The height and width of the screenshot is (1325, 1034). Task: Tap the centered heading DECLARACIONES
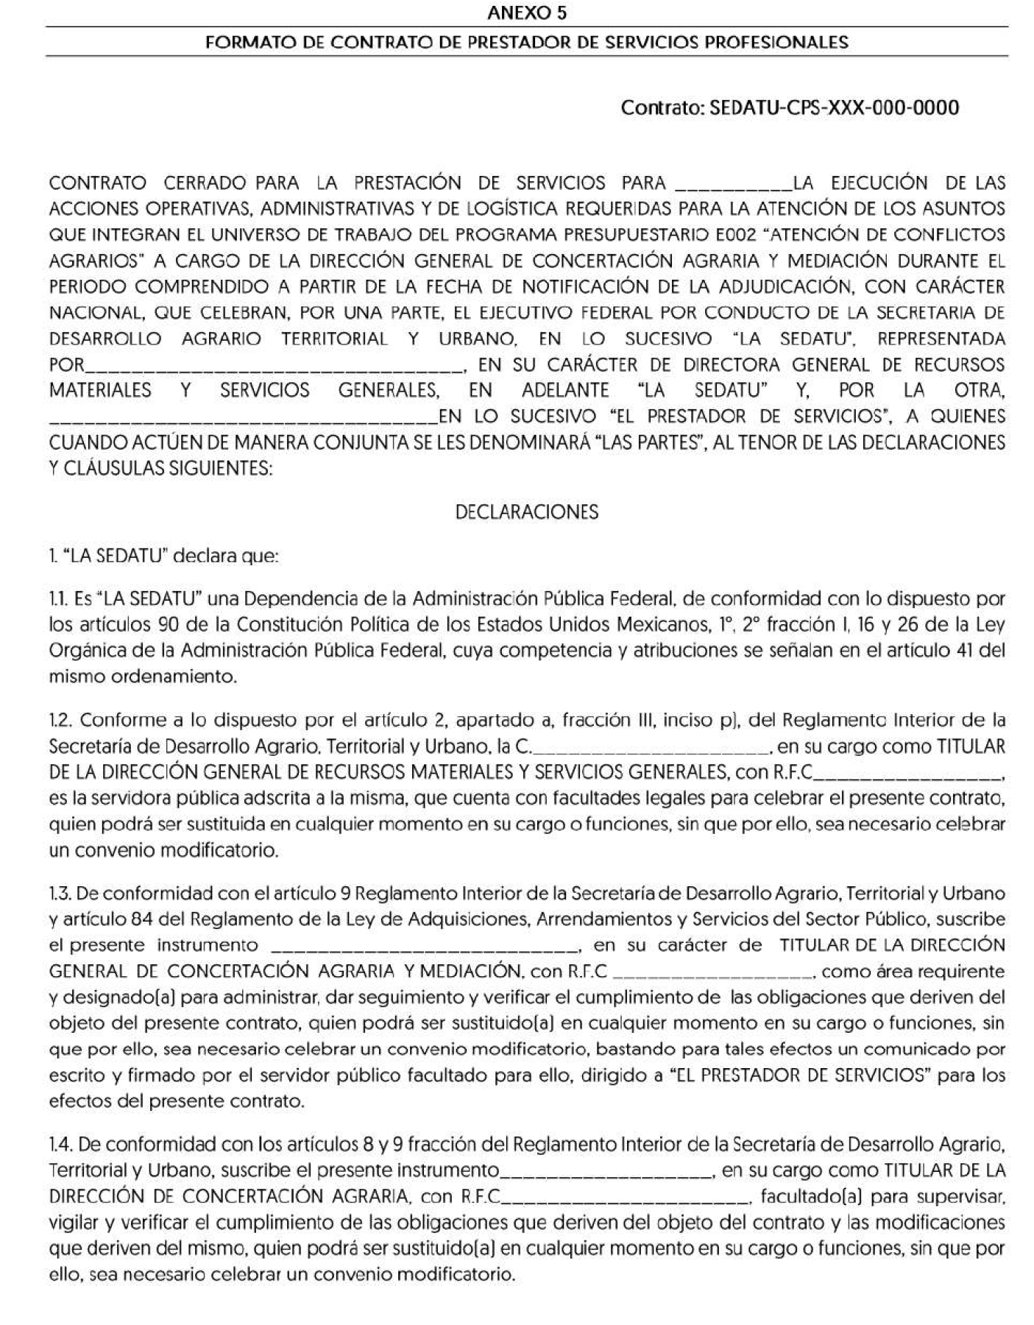tap(527, 512)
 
